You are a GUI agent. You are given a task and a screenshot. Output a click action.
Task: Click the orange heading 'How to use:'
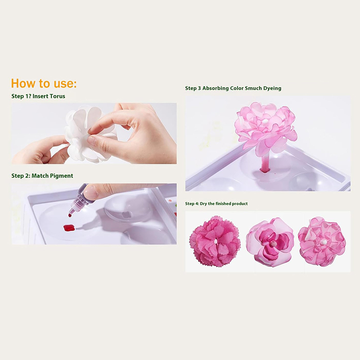(44, 83)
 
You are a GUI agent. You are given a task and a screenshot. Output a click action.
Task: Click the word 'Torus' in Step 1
(58, 96)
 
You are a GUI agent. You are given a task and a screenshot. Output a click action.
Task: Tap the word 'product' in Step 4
(240, 204)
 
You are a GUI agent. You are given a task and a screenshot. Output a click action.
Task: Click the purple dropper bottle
(79, 200)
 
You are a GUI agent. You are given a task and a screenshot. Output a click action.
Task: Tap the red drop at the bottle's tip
(70, 215)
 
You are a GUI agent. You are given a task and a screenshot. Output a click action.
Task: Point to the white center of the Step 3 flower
(265, 121)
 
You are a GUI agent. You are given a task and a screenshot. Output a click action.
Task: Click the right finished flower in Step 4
(322, 242)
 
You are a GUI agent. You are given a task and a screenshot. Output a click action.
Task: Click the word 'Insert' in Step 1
(40, 96)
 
